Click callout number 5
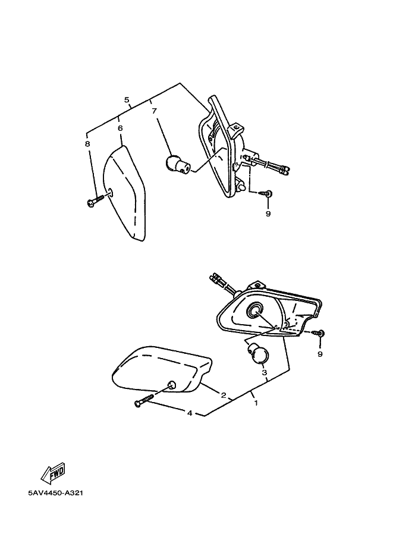tap(127, 100)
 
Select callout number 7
tap(154, 111)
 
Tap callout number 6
tap(120, 128)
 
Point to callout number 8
tap(87, 143)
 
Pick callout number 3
tap(264, 373)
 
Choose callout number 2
tap(224, 395)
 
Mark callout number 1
tap(256, 403)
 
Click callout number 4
tap(190, 413)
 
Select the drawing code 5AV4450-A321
tap(56, 493)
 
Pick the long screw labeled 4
tap(144, 400)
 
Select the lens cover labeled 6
tap(125, 193)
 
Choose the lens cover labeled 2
tap(162, 369)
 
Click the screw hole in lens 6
tap(110, 192)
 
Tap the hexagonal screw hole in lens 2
tap(171, 385)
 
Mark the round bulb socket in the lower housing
tap(255, 309)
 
